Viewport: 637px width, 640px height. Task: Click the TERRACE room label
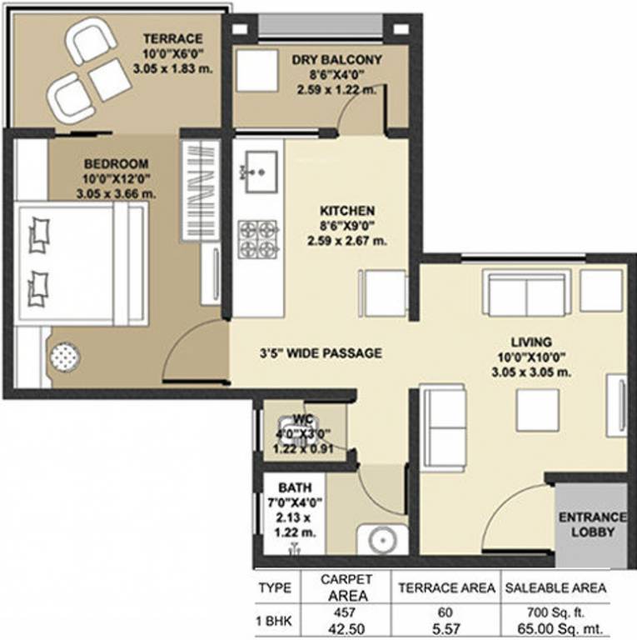(x=172, y=38)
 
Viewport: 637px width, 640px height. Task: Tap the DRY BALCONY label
(x=337, y=60)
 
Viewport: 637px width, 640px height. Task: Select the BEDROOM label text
(x=115, y=163)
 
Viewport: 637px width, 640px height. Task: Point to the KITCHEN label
(x=347, y=211)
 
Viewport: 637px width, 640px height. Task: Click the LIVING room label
(x=531, y=342)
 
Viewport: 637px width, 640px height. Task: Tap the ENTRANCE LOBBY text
(x=591, y=524)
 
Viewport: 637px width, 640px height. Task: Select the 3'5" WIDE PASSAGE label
(x=321, y=353)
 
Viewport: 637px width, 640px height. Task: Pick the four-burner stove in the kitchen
(x=256, y=238)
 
